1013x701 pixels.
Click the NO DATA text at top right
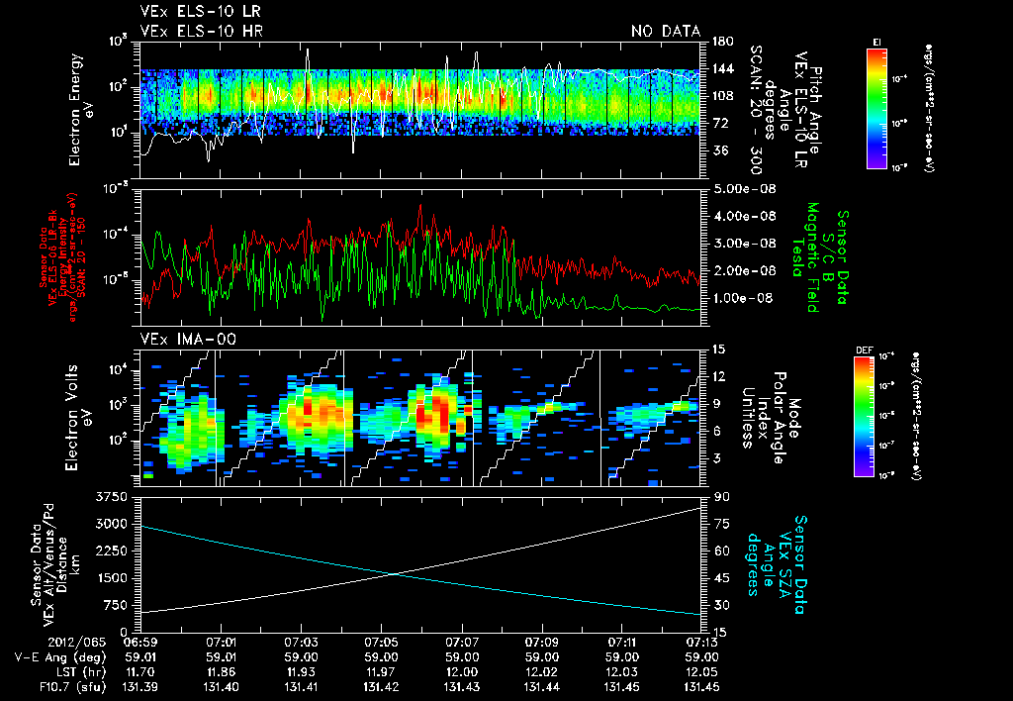pyautogui.click(x=665, y=32)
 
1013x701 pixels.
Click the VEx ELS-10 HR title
pyautogui.click(x=195, y=32)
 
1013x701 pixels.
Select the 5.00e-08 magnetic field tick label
pyautogui.click(x=742, y=188)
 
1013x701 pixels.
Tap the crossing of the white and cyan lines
pyautogui.click(x=397, y=573)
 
